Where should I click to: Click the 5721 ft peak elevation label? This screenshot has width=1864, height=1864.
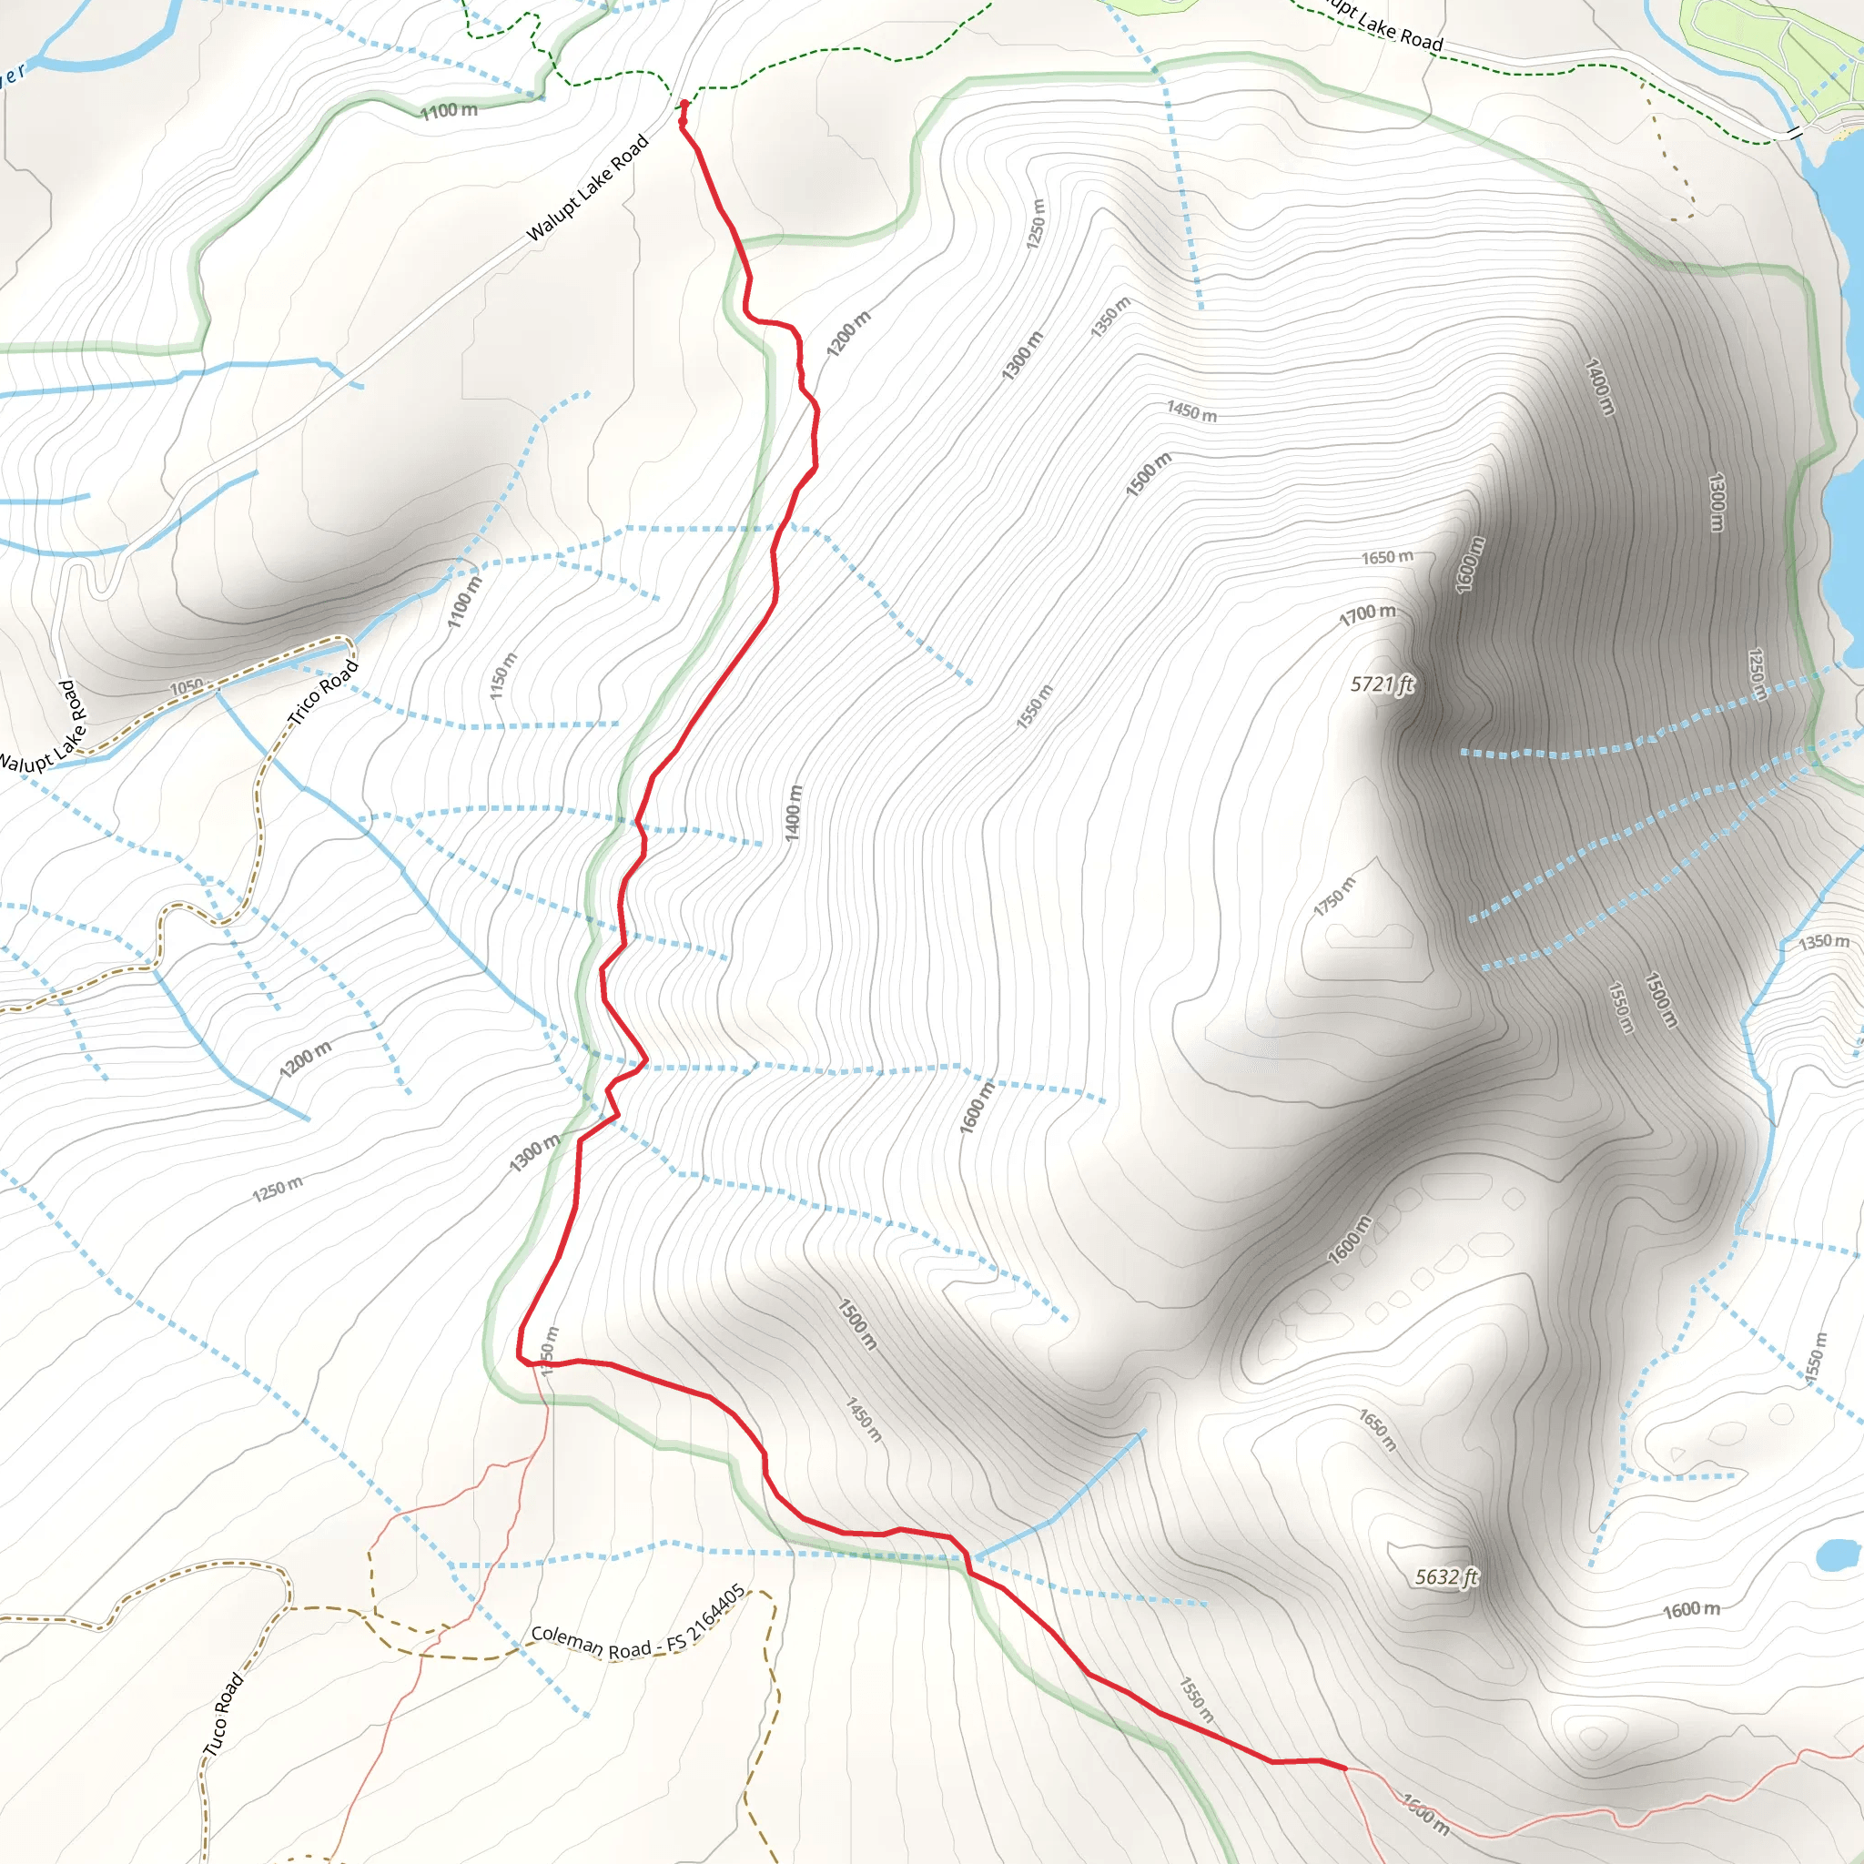tap(1382, 684)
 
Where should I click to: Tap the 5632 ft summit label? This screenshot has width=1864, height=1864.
tap(1446, 1576)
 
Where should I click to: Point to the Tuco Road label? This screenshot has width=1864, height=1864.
tap(223, 1714)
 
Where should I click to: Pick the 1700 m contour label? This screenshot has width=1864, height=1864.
tap(1367, 613)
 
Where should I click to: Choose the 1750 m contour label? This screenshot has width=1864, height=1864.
tap(1334, 897)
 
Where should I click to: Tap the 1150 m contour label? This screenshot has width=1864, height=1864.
tap(502, 676)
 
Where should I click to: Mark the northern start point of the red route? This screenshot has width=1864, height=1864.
tap(685, 103)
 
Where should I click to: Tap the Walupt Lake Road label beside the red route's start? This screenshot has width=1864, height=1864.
tap(588, 188)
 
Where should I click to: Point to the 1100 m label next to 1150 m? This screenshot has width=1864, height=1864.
tap(464, 601)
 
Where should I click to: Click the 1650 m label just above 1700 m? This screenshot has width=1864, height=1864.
tap(1387, 558)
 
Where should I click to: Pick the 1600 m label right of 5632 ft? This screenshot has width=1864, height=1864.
tap(1691, 1609)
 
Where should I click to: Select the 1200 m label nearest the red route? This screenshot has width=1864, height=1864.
tap(848, 334)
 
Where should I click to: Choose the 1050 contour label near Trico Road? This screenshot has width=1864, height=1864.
tap(187, 687)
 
